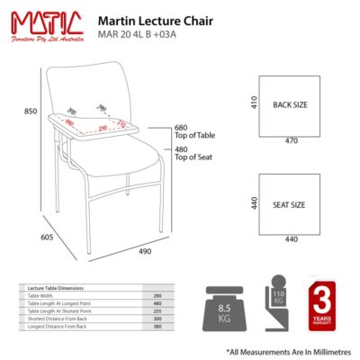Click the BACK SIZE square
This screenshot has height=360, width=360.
click(x=290, y=104)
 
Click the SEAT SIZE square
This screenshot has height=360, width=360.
click(x=290, y=204)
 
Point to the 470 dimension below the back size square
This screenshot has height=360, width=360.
click(x=291, y=140)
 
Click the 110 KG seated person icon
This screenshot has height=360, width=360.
click(x=276, y=305)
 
